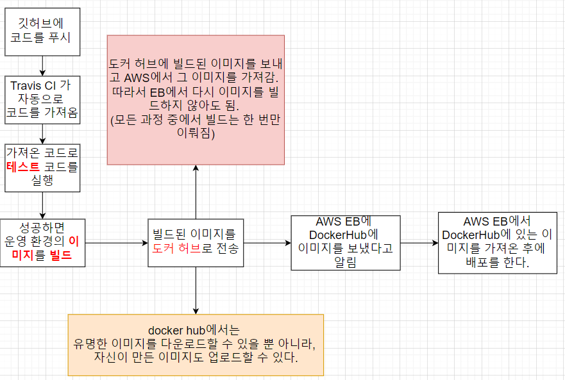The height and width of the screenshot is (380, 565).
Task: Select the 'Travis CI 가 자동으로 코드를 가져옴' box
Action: pyautogui.click(x=42, y=99)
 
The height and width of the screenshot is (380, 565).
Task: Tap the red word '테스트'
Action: pyautogui.click(x=23, y=167)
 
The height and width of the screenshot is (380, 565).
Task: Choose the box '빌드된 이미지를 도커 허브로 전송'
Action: pyautogui.click(x=196, y=242)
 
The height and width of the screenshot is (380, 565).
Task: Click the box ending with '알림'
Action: pyautogui.click(x=345, y=243)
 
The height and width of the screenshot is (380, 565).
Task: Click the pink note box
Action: pyautogui.click(x=196, y=99)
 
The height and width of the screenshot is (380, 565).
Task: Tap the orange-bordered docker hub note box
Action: pyautogui.click(x=196, y=345)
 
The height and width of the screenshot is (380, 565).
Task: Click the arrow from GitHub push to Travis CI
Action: pyautogui.click(x=42, y=65)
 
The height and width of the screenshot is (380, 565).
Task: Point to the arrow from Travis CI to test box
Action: pyautogui.click(x=42, y=133)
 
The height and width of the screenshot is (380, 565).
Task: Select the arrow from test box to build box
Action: pyautogui.click(x=42, y=205)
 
